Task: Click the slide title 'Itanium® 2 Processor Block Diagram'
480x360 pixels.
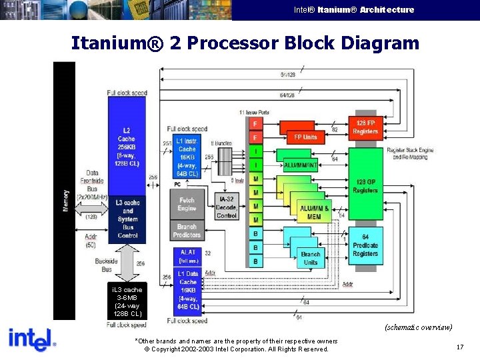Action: [245, 43]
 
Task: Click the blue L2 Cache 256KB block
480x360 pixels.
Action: [127, 143]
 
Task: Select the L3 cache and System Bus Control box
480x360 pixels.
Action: [127, 219]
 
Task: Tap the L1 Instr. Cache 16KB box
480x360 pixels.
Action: [187, 157]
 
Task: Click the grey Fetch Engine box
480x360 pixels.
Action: [187, 204]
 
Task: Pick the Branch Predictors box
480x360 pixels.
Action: [187, 231]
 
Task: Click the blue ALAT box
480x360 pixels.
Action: [187, 256]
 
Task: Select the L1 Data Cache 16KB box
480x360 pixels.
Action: [187, 291]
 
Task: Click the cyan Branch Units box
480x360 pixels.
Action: [310, 258]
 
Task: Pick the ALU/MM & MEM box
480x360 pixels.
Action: [314, 212]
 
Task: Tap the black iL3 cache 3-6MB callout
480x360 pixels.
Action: [127, 301]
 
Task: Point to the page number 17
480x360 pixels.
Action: [459, 347]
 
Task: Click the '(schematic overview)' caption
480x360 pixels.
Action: [418, 327]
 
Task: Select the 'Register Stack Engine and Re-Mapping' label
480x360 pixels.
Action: [409, 153]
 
